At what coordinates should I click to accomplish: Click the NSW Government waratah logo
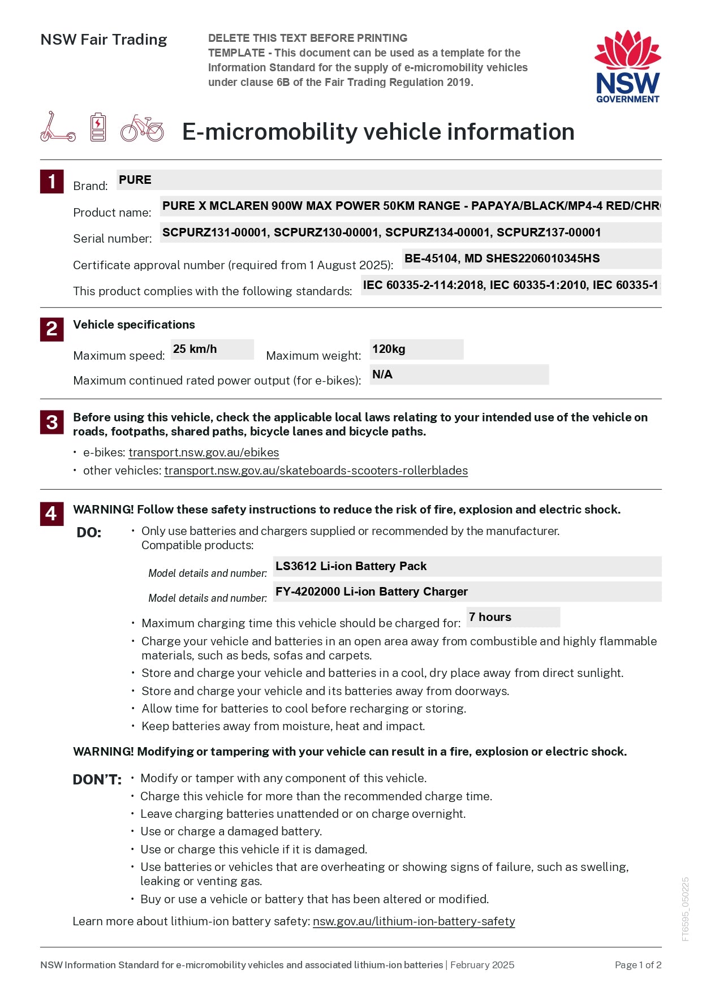(x=627, y=66)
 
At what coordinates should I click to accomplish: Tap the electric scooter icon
(x=57, y=127)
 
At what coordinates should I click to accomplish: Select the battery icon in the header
(x=98, y=127)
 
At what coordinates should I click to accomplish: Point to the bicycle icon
(x=142, y=128)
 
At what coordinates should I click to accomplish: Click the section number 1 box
(x=51, y=182)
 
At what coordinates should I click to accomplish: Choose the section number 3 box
(x=51, y=422)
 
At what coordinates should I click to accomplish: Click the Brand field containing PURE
(x=389, y=180)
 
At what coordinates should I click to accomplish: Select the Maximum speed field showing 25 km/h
(x=212, y=350)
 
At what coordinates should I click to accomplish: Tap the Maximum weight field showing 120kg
(x=416, y=350)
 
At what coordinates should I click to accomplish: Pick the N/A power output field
(x=459, y=374)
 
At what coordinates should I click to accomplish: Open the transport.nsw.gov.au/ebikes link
(x=204, y=452)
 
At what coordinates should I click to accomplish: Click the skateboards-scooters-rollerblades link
(x=316, y=471)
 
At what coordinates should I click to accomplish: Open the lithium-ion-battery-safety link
(x=414, y=921)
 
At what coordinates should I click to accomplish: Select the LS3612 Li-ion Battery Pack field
(x=467, y=566)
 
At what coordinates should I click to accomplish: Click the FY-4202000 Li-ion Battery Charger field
(x=467, y=592)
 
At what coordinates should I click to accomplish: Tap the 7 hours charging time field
(x=513, y=617)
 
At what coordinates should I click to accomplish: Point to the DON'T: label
(x=97, y=780)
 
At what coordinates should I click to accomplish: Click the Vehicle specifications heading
(x=134, y=325)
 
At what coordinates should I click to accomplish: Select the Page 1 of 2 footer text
(x=638, y=965)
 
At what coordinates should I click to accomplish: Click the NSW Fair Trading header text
(x=104, y=40)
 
